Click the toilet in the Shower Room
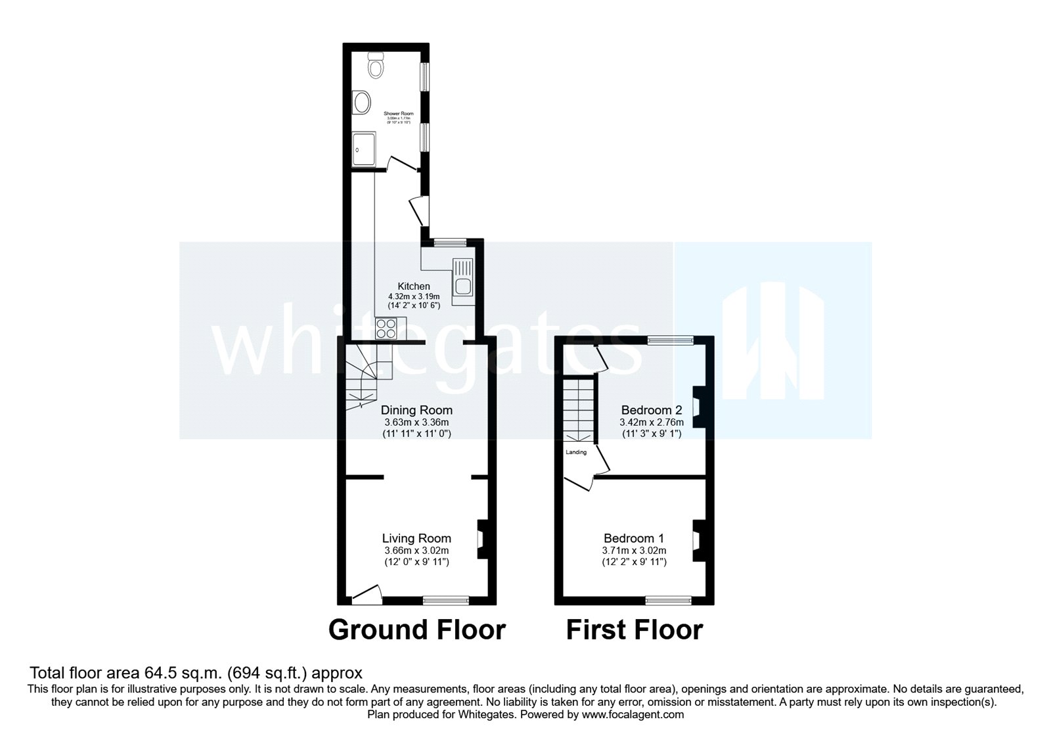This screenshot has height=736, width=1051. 375,65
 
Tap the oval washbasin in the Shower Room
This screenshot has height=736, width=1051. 361,102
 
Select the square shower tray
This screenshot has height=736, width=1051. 365,149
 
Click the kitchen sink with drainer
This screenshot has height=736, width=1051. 462,277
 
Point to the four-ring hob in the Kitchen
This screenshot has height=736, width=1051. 386,327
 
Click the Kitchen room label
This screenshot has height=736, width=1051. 414,287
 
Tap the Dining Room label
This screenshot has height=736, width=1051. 418,411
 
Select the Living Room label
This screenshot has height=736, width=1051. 417,539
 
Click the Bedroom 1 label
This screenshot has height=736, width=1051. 635,538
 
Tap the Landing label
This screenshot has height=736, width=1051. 576,452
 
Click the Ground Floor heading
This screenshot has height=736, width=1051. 416,630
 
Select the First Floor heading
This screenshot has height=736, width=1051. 635,630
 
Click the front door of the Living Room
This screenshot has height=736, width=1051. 367,594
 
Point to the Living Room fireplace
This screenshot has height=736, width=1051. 481,540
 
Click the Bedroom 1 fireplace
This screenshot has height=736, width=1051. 698,540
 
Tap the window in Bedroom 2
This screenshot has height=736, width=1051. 670,340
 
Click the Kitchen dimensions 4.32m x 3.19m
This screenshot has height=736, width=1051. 414,296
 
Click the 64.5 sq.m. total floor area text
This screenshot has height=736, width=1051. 195,673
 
